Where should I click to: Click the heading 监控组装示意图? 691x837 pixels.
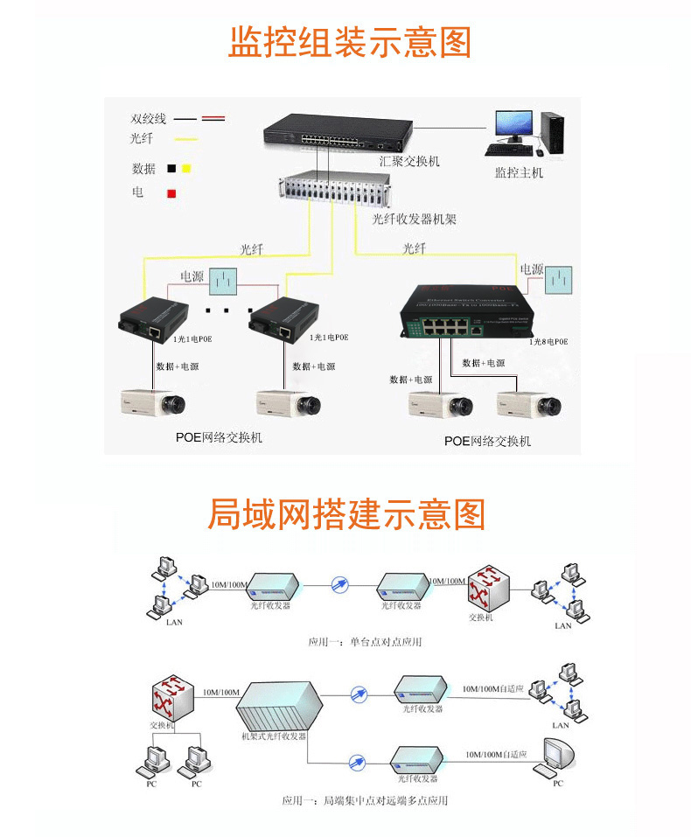(349, 42)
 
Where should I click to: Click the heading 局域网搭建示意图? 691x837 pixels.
(345, 514)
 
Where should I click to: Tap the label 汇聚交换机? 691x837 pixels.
(409, 162)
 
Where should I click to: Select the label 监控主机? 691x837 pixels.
(519, 172)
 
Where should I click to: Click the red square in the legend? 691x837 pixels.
(172, 193)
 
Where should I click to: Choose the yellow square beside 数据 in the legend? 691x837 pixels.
(186, 168)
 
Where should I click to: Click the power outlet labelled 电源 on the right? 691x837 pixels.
(559, 281)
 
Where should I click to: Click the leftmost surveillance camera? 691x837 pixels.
(155, 402)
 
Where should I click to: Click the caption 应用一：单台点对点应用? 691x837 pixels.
(365, 642)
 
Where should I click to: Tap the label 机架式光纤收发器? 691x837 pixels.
(274, 736)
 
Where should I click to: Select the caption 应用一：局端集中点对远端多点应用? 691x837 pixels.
(365, 799)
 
